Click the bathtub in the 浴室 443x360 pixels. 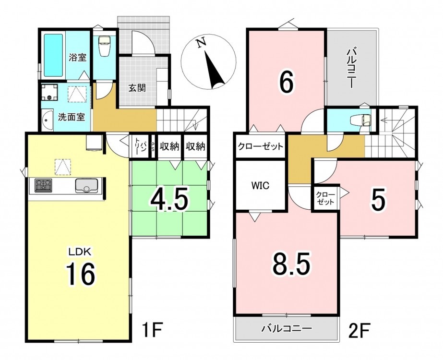53,55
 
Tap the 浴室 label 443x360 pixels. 77,58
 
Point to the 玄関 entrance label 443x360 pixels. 137,88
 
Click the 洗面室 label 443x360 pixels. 72,117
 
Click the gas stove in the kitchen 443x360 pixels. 43,185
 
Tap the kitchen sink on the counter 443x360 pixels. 86,186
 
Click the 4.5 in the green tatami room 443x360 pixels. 169,200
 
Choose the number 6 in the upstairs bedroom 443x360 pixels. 286,82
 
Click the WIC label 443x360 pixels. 260,186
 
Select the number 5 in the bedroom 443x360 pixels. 378,201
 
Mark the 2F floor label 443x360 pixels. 359,330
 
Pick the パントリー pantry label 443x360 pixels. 141,146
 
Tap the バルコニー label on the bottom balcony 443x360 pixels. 287,328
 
